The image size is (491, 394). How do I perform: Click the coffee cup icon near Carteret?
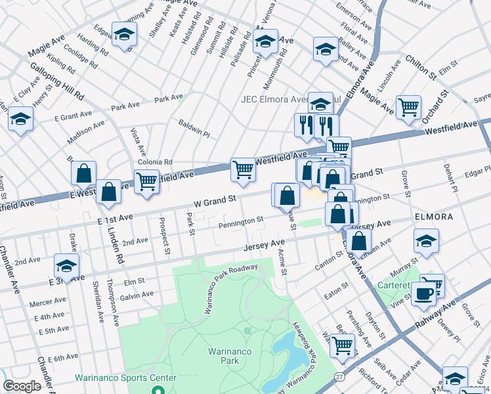coord(424,293)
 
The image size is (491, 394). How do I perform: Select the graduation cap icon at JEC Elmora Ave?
coord(320,104)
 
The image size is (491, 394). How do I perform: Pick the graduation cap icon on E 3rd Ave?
coord(66,266)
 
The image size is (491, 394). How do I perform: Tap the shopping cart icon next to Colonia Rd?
coord(146,181)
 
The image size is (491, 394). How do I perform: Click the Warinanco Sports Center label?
coord(125,378)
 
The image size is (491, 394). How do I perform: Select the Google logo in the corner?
coord(22,386)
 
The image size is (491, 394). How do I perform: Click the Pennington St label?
coord(241,223)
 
